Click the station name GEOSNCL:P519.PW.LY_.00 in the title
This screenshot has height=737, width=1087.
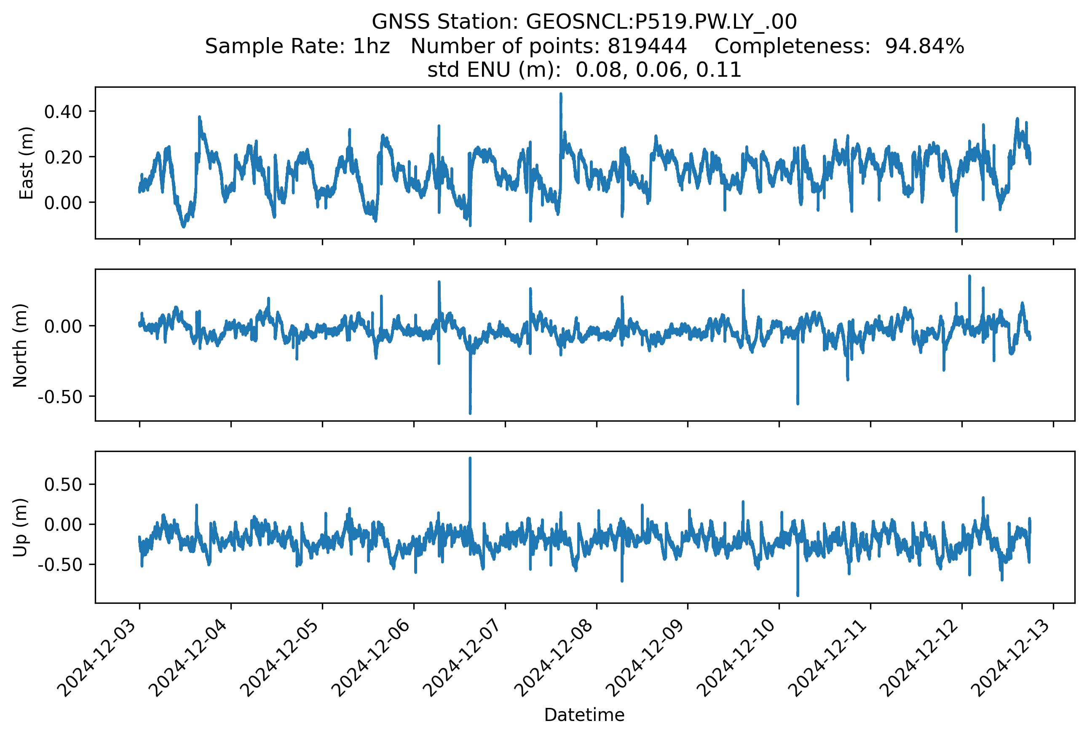point(661,22)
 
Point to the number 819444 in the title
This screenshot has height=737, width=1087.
point(647,46)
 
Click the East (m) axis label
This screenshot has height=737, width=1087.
point(26,163)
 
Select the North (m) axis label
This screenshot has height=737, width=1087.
point(20,345)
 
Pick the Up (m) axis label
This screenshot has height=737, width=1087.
point(20,527)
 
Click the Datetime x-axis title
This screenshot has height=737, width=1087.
point(584,715)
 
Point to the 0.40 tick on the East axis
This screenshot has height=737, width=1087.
point(63,112)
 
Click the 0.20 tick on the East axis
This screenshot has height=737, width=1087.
point(63,157)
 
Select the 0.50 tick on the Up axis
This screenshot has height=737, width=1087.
point(63,484)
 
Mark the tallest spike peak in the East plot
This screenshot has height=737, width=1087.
point(561,94)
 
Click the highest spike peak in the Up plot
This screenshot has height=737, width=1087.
point(470,458)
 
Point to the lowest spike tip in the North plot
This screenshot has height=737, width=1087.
point(470,413)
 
